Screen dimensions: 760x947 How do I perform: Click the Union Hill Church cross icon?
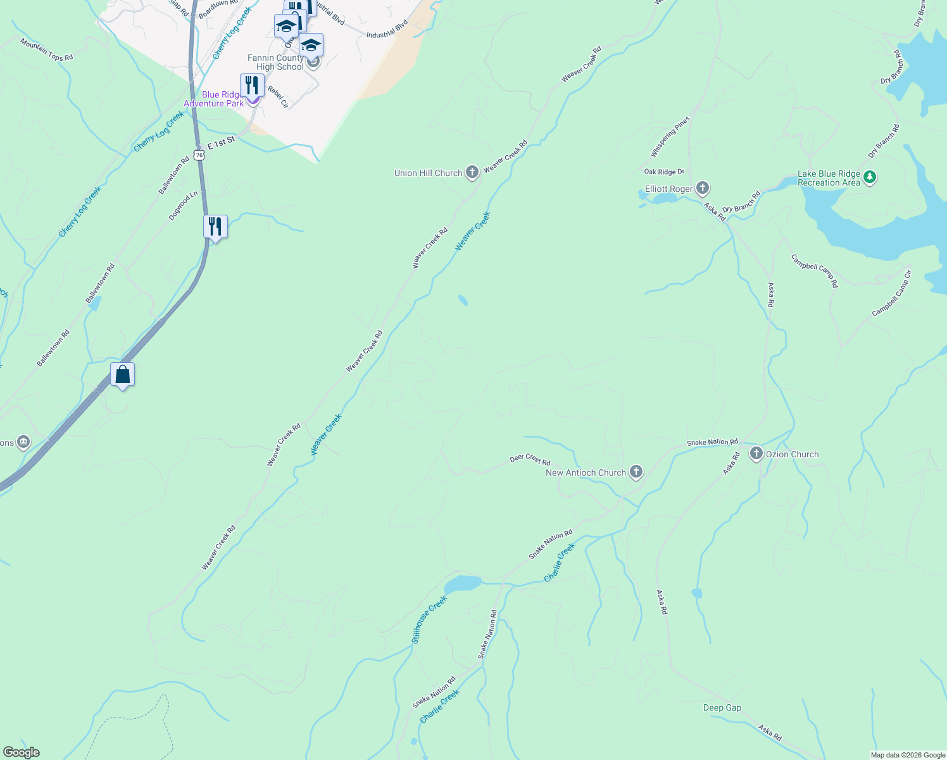click(x=472, y=172)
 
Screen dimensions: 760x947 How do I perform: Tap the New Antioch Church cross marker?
click(x=636, y=472)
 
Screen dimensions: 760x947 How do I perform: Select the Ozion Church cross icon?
click(x=756, y=453)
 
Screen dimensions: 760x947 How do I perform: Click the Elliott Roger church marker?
click(x=702, y=188)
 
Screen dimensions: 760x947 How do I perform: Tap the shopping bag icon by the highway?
click(x=122, y=374)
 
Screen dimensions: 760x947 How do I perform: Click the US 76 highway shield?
click(x=199, y=155)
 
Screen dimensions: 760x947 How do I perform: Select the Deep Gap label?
click(x=722, y=707)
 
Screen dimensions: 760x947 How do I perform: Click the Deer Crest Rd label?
click(x=530, y=459)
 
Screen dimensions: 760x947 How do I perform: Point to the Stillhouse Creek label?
click(x=429, y=619)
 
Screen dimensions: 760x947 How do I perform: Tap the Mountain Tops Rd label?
click(x=46, y=50)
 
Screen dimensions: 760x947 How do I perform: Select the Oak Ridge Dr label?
click(x=664, y=172)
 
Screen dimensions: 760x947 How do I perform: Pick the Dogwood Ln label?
click(x=183, y=205)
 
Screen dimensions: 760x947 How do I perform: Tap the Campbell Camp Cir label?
click(x=891, y=293)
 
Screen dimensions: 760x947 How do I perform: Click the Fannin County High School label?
click(x=276, y=62)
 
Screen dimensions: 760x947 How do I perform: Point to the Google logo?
click(x=21, y=752)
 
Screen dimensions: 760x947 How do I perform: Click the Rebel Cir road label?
click(x=278, y=97)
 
